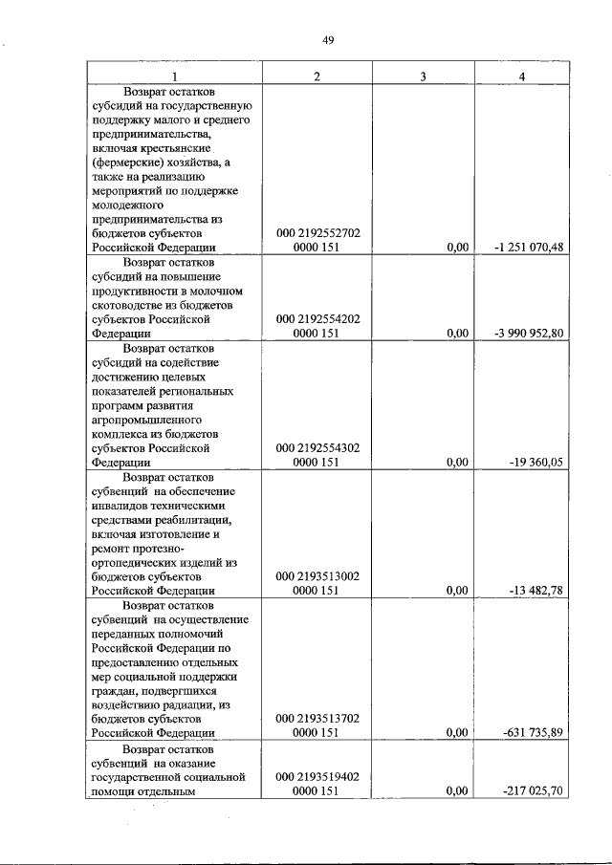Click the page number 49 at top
[x=327, y=39]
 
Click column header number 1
[x=173, y=76]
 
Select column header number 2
[x=317, y=76]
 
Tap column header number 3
[x=422, y=76]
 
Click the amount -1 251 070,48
[x=529, y=248]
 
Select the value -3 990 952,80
[x=529, y=334]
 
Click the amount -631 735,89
[x=533, y=734]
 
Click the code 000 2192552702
[x=317, y=232]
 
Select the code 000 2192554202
[x=317, y=318]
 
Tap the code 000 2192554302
[x=317, y=447]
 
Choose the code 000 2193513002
[x=317, y=576]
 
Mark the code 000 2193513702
[x=317, y=719]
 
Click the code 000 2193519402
[x=317, y=776]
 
